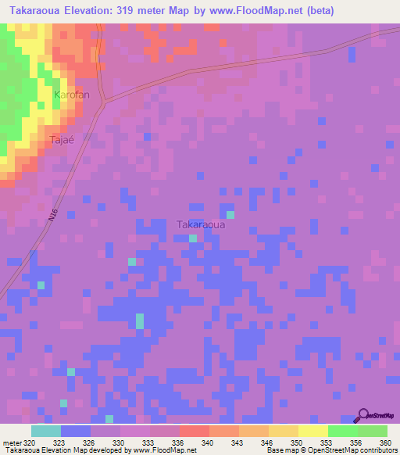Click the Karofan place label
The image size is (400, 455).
point(71,95)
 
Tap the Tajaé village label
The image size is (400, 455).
point(62,140)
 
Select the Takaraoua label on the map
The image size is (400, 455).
point(201,224)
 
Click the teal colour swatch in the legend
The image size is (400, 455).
point(45,430)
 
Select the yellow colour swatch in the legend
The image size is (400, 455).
point(312,430)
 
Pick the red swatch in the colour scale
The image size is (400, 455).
point(194,430)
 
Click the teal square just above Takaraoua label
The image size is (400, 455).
point(230,214)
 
